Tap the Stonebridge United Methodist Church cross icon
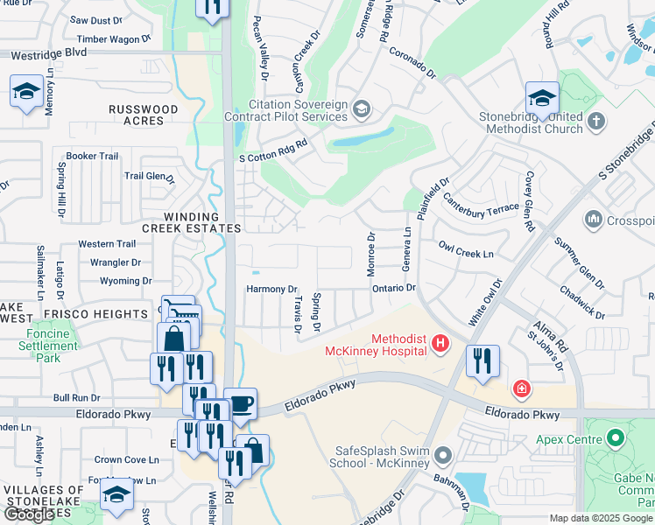596,122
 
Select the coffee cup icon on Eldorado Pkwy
240,405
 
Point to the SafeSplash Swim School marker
444,455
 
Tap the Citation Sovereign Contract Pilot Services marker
362,108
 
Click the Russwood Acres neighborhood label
143,115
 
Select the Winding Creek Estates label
190,222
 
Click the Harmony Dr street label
272,289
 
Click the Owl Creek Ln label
466,250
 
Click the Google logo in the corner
29,514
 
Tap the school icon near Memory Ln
26,92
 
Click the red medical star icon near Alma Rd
521,388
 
